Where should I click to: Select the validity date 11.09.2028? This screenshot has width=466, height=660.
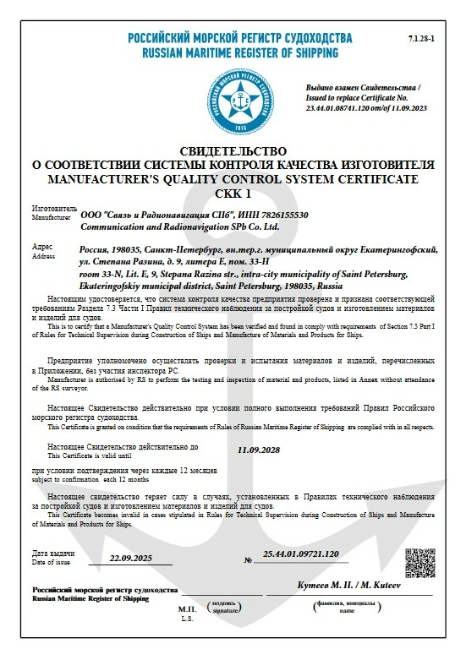pyautogui.click(x=259, y=450)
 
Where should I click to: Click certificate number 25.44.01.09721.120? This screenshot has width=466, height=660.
pyautogui.click(x=301, y=554)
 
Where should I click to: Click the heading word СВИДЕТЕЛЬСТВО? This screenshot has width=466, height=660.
pyautogui.click(x=233, y=150)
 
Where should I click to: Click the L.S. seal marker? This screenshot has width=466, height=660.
pyautogui.click(x=187, y=619)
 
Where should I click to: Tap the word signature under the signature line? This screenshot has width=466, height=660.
pyautogui.click(x=224, y=608)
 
